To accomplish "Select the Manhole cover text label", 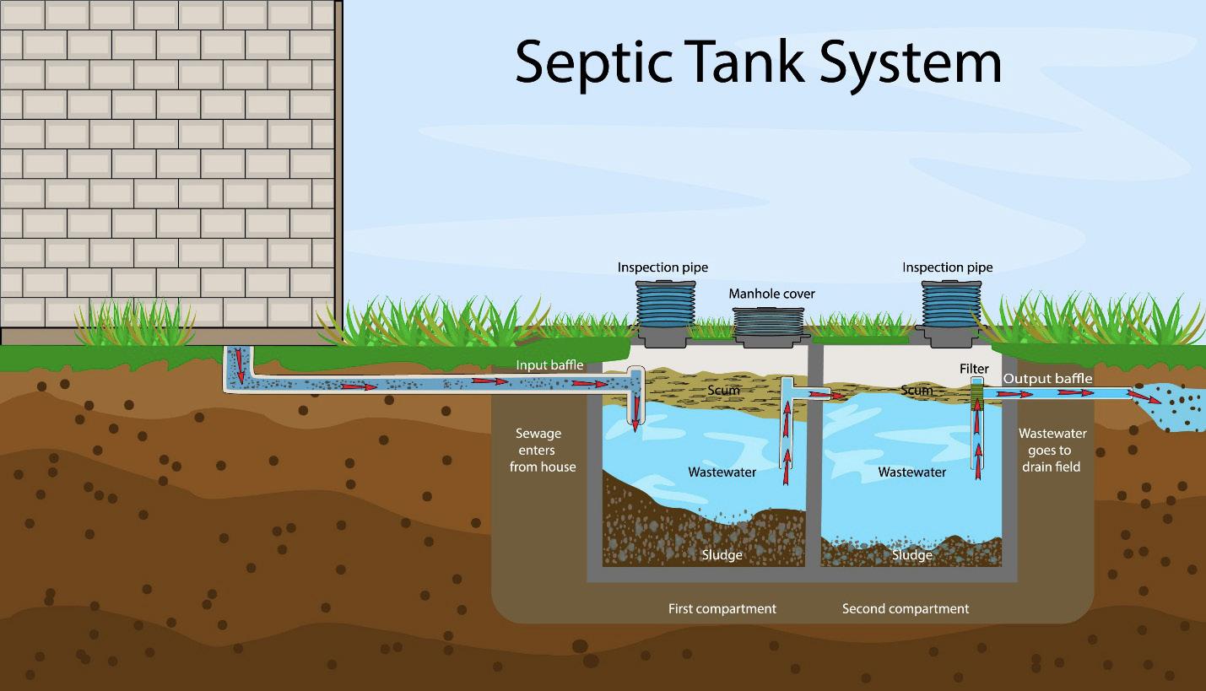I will [x=771, y=294].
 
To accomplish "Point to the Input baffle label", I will [x=549, y=365].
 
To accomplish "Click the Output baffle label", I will [x=1046, y=379].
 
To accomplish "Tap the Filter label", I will [x=974, y=370].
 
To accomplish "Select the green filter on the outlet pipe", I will [x=977, y=391].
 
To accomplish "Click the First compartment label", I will [x=722, y=608].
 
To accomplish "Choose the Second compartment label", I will [x=905, y=608].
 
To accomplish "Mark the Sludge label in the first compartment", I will [x=722, y=554].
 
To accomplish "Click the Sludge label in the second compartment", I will [x=911, y=554].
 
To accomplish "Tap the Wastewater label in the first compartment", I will [x=722, y=472].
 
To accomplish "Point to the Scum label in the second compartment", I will [x=916, y=391].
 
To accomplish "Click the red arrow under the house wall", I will [x=239, y=364].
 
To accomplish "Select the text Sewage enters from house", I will [x=542, y=450].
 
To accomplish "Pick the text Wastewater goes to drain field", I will [x=1052, y=450].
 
